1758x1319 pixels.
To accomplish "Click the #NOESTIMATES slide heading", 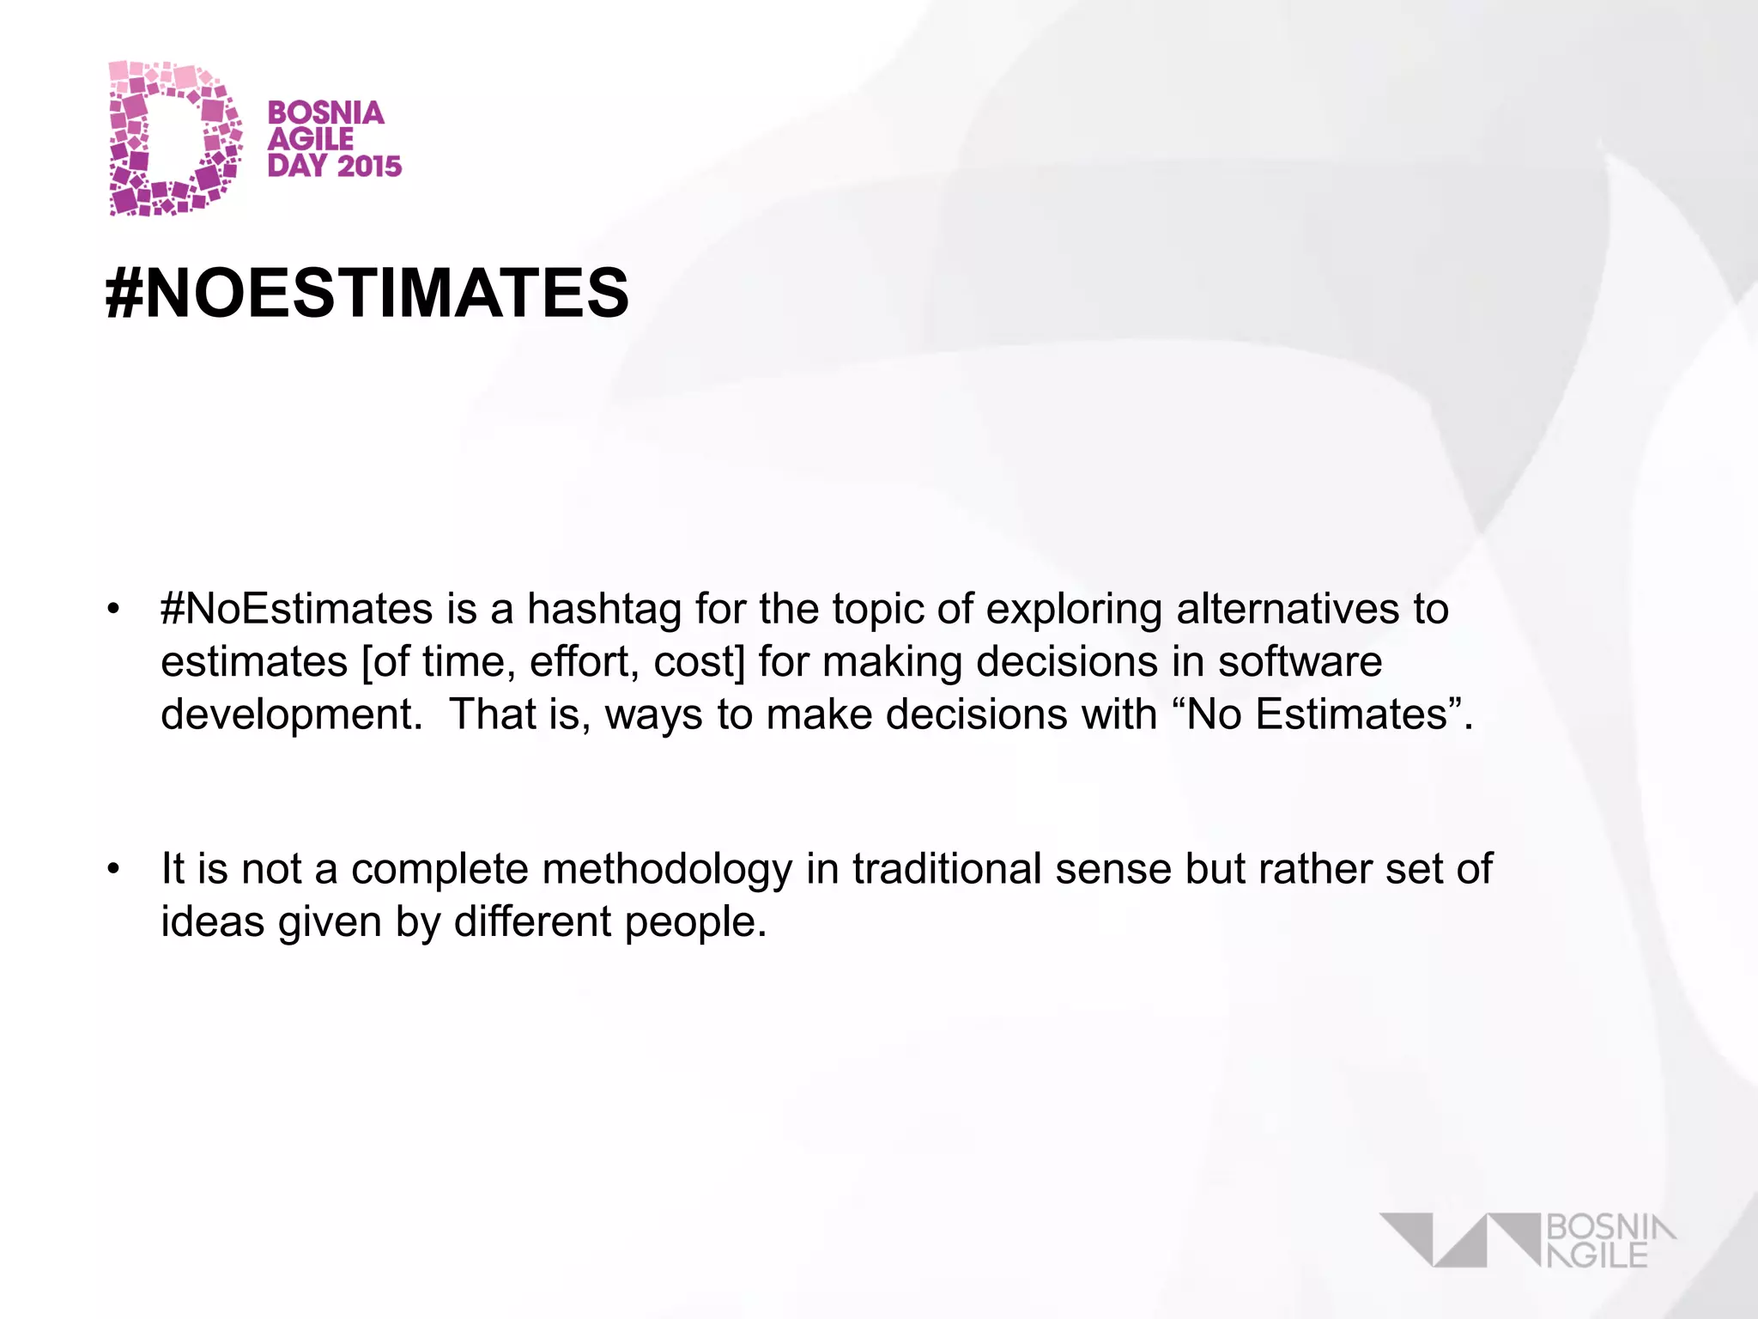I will click(x=367, y=293).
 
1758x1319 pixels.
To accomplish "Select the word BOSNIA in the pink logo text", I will click(x=325, y=112).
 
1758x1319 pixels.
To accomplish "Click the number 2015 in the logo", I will click(x=368, y=166).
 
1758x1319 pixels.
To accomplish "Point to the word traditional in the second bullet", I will click(x=946, y=868).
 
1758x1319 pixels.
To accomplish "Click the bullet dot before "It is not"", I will click(x=113, y=869).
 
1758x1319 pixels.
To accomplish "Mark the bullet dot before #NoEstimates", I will click(x=113, y=610).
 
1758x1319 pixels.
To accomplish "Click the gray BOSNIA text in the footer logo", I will click(x=1610, y=1227).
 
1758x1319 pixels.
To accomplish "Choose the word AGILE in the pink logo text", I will click(x=311, y=139).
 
